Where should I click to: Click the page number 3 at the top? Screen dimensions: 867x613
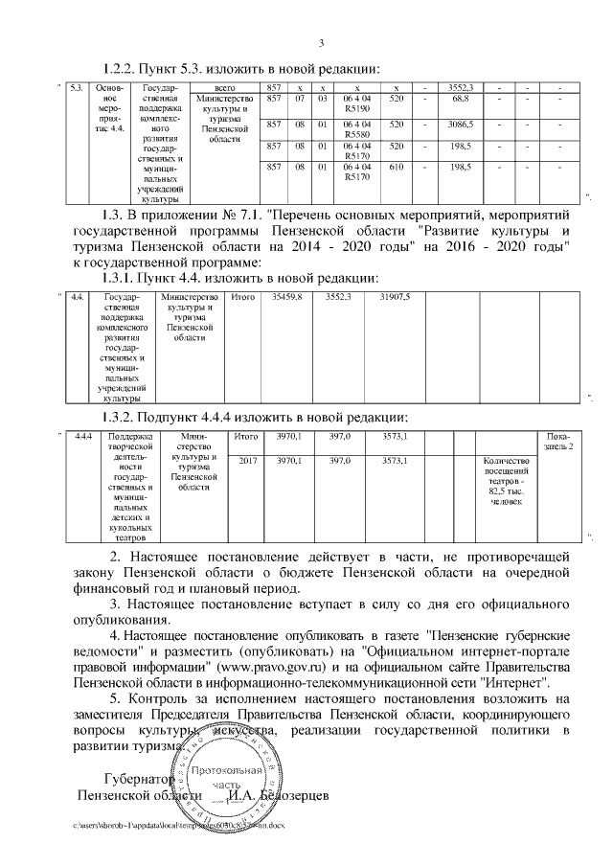coord(321,42)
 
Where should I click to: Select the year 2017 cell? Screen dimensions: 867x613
coord(247,462)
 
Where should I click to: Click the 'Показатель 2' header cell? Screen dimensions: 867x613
coord(558,443)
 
